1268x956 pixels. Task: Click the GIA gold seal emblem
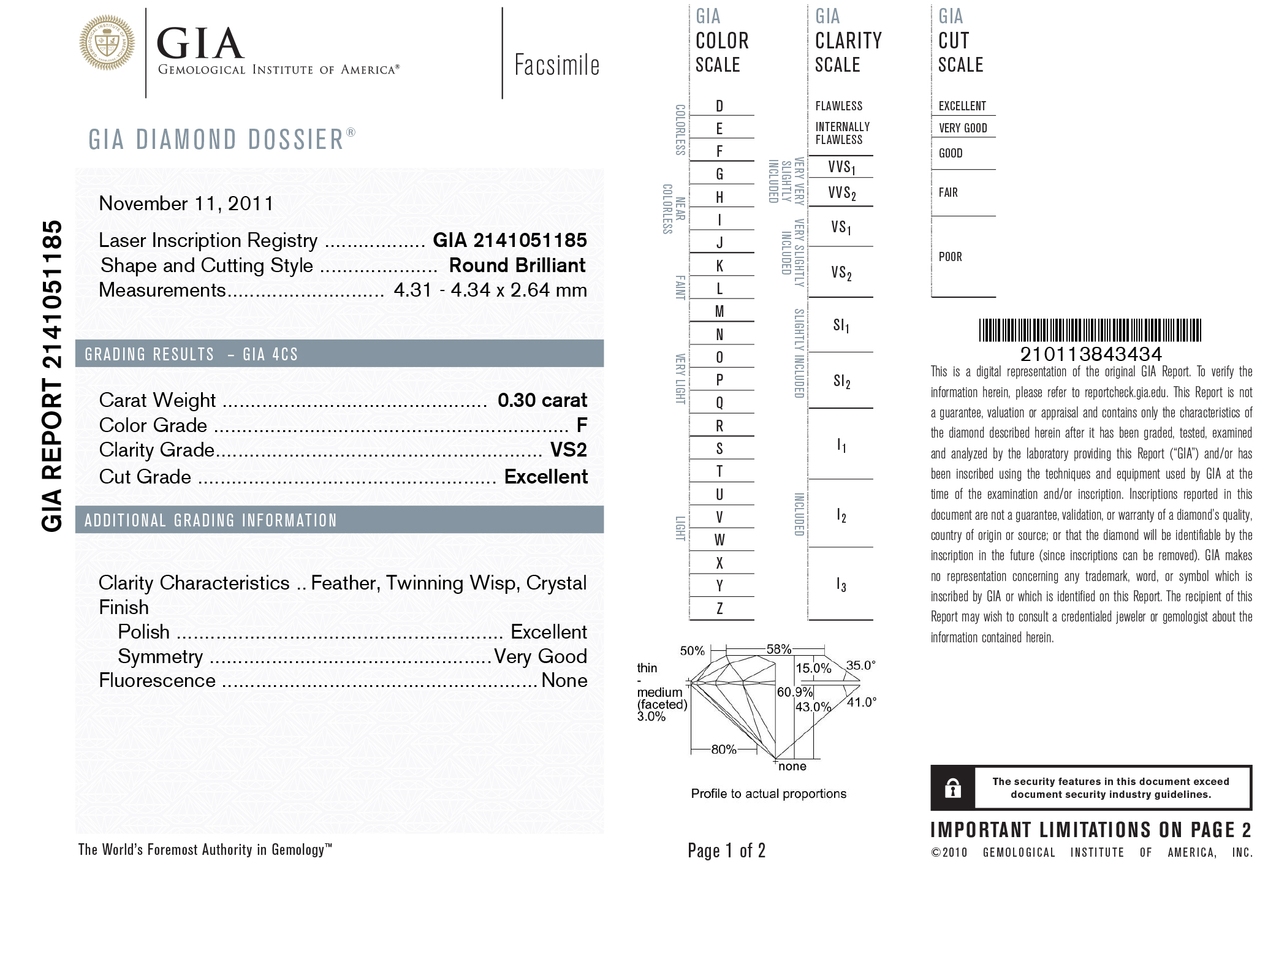click(107, 43)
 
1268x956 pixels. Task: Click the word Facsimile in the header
click(556, 65)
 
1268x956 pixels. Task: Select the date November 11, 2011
click(186, 203)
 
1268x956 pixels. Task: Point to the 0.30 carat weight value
click(542, 400)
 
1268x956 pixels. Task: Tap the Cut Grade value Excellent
click(545, 477)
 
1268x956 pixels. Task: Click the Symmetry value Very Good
click(540, 656)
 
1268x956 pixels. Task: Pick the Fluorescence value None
click(564, 680)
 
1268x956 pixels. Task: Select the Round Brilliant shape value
click(517, 265)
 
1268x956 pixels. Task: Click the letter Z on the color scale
click(719, 609)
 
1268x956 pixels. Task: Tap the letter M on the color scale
click(719, 311)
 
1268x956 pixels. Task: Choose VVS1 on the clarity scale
click(841, 167)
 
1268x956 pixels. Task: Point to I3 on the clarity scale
click(841, 585)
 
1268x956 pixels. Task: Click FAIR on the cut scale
click(947, 192)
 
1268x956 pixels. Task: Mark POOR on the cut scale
click(950, 257)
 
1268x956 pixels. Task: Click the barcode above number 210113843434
click(1090, 330)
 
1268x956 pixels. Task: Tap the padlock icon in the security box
click(952, 787)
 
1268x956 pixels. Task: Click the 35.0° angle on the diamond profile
click(860, 666)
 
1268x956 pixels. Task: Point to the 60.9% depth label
click(794, 692)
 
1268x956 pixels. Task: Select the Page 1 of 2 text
click(726, 850)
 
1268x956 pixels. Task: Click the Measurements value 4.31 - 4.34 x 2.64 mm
click(490, 290)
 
